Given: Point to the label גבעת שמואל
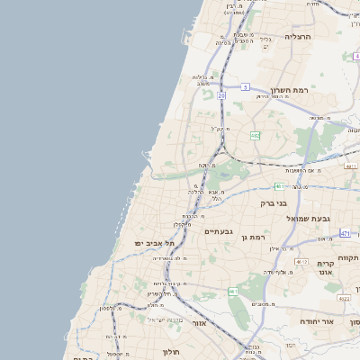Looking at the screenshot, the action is coord(310,219).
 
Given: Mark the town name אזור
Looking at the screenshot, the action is coord(200,322).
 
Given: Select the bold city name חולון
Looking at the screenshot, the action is coord(172,352).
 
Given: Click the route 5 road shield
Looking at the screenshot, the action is coord(245,87).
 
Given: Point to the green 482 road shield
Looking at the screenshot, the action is coord(256,136).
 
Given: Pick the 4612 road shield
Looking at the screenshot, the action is coord(301,261).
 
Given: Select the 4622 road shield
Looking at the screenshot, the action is coord(344,297).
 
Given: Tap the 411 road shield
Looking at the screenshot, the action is coord(351,166).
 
